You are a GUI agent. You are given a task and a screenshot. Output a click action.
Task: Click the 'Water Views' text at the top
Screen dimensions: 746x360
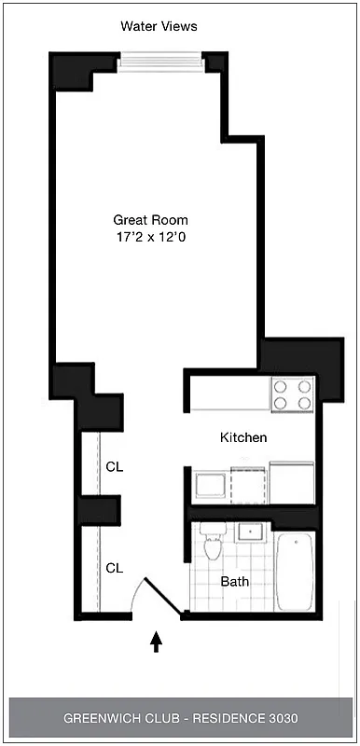pyautogui.click(x=159, y=27)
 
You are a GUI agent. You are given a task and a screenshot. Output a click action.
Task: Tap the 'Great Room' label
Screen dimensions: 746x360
pyautogui.click(x=150, y=220)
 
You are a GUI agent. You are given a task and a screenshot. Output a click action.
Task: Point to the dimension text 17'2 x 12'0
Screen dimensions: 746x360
pyautogui.click(x=150, y=238)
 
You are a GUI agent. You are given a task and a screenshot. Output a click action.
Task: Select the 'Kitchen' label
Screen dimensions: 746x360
pyautogui.click(x=243, y=437)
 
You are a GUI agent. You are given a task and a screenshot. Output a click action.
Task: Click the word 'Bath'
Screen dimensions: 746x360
pyautogui.click(x=234, y=581)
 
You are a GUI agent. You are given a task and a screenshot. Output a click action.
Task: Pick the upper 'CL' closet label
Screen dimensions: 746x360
pyautogui.click(x=115, y=466)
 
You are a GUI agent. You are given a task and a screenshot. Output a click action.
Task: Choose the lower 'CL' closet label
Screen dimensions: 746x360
pyautogui.click(x=115, y=567)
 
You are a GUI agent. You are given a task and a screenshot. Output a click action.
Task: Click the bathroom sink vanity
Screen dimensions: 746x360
pyautogui.click(x=250, y=532)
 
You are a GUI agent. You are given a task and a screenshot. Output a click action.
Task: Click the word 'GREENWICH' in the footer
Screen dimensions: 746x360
pyautogui.click(x=109, y=719)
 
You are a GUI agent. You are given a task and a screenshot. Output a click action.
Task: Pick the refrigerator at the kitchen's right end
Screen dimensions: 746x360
pyautogui.click(x=291, y=481)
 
